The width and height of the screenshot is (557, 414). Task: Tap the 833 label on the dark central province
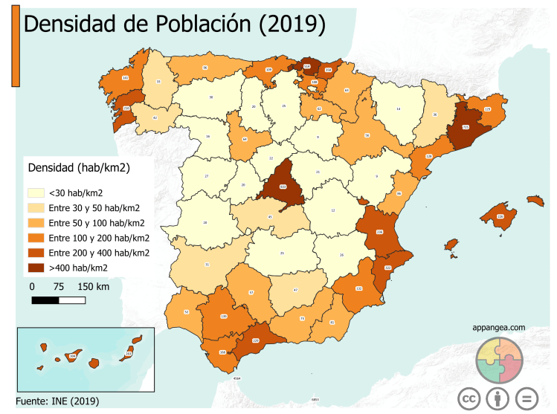click(x=283, y=187)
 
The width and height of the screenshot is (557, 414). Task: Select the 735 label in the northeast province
click(x=466, y=128)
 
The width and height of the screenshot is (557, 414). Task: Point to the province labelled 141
click(x=125, y=77)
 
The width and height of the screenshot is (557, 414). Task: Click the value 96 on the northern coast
click(x=205, y=68)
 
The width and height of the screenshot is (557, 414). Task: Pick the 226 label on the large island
click(x=500, y=216)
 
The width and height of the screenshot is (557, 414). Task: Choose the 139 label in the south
click(x=224, y=317)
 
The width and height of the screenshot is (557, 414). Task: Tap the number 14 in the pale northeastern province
click(x=399, y=109)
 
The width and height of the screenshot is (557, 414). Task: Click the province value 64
click(x=245, y=139)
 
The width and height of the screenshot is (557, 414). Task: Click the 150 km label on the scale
click(x=94, y=286)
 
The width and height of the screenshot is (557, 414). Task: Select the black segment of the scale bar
click(x=45, y=300)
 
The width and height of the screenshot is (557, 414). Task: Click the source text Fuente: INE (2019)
click(x=57, y=401)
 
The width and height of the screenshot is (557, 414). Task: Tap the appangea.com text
click(x=498, y=327)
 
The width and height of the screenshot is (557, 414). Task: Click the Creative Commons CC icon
click(x=468, y=398)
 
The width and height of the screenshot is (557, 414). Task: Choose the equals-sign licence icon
click(x=527, y=398)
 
